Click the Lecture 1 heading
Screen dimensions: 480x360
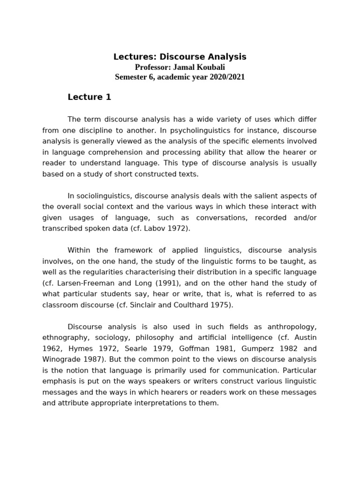click(89, 97)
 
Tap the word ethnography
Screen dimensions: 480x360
click(65, 337)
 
